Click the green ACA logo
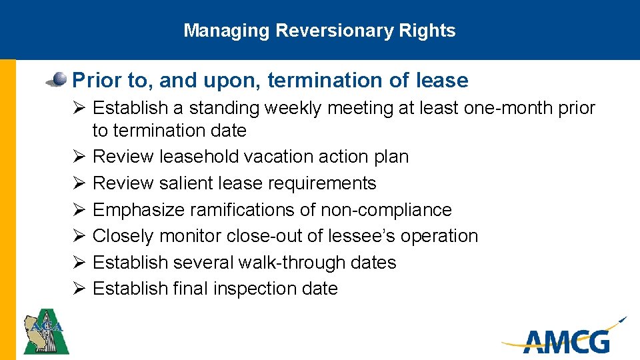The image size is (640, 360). (46, 331)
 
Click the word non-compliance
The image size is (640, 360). (386, 210)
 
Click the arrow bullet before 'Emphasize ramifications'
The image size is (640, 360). (78, 210)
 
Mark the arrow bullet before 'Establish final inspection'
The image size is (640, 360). (78, 289)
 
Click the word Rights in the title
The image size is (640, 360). (434, 31)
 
